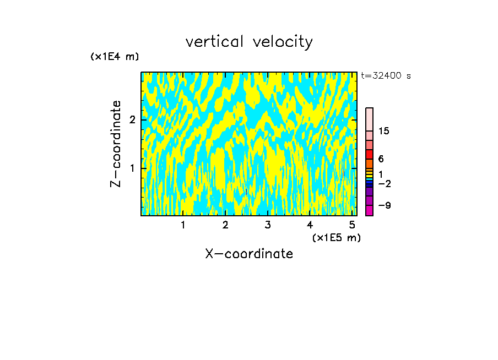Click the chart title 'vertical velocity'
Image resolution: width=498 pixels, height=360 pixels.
pos(249,42)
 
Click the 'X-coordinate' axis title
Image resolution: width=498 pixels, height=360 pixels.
pos(249,254)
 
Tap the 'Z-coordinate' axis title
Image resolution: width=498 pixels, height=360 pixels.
pos(116,144)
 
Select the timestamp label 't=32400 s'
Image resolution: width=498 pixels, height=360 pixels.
pos(386,76)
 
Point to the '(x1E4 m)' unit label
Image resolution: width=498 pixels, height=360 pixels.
pos(115,57)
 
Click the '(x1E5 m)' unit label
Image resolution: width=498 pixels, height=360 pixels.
pos(336,238)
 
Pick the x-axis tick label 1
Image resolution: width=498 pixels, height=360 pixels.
pos(183,225)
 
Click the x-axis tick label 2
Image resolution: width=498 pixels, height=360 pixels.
pos(225,225)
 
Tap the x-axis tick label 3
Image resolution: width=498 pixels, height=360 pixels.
pos(267,225)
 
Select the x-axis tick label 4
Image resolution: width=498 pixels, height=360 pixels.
pos(310,225)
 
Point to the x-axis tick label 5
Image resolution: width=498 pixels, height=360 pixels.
pos(351,225)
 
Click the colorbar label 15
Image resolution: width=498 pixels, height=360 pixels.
pos(384,131)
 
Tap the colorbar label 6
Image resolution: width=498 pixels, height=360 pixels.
pos(381,159)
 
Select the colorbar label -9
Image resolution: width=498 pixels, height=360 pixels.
pos(385,205)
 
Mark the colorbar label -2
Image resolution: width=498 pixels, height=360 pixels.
pos(385,183)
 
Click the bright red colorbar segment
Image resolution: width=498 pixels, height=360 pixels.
pos(369,154)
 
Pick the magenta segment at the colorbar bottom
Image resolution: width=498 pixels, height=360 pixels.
pos(369,210)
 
